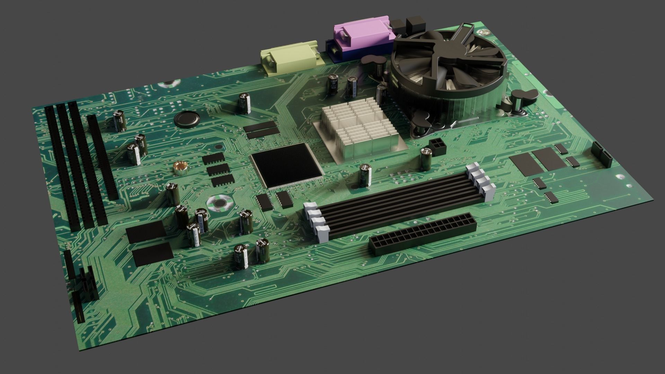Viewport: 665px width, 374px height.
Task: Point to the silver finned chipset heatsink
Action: pos(358,133)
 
